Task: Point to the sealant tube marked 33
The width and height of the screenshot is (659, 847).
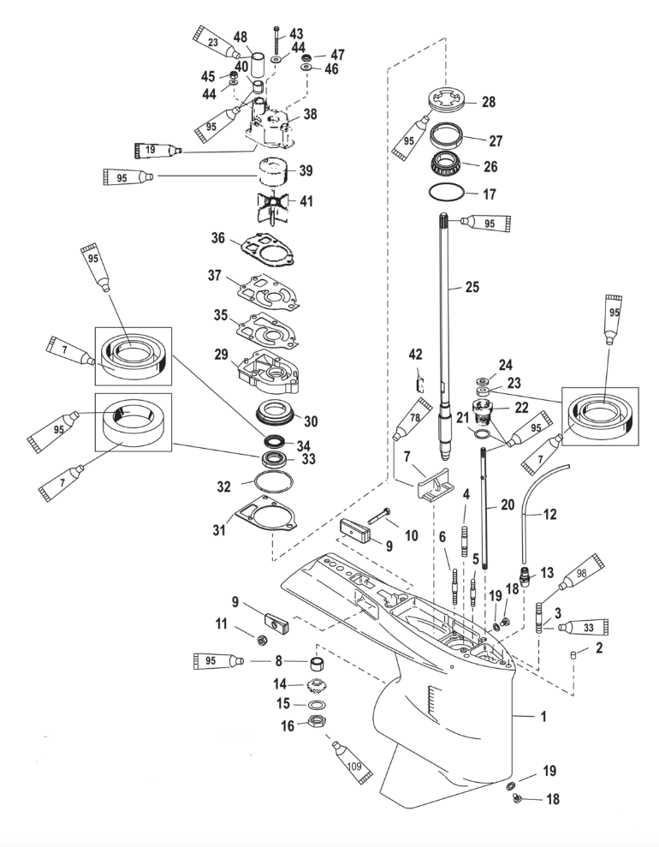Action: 581,628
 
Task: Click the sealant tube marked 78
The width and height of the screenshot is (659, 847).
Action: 410,421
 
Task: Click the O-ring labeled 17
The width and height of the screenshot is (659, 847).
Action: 449,194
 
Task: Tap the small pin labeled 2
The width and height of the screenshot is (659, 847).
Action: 577,654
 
